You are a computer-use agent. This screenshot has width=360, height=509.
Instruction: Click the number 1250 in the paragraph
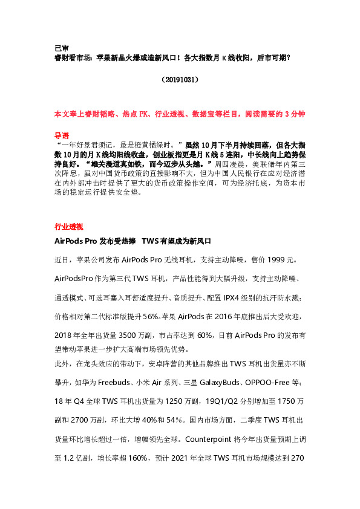(x=163, y=401)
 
